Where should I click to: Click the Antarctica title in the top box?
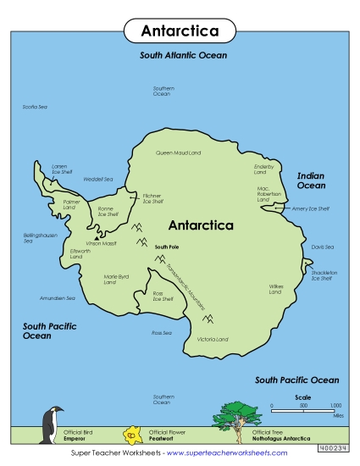[179, 31]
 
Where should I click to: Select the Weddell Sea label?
[97, 179]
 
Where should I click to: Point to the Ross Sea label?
[162, 333]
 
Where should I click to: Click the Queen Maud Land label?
[178, 153]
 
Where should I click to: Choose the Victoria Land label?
[213, 339]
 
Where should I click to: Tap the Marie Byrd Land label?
[116, 279]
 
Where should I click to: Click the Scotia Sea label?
[35, 107]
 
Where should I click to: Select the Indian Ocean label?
[311, 180]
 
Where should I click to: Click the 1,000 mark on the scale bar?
[335, 406]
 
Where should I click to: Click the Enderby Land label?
[266, 169]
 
